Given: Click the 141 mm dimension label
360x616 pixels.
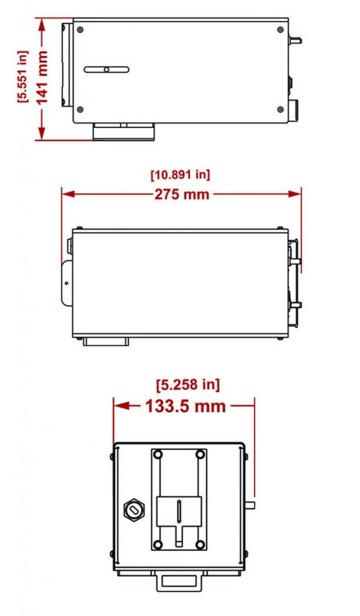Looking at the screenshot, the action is (x=42, y=78).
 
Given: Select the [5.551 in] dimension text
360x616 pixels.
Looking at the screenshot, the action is (x=23, y=76).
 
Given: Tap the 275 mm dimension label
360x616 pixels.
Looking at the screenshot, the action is (x=182, y=194).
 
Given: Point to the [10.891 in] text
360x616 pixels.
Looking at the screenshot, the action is (x=181, y=174).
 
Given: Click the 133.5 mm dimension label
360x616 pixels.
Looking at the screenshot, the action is (x=185, y=406).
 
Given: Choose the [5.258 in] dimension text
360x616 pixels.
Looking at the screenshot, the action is (x=188, y=384).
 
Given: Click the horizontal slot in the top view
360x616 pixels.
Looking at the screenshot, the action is (x=107, y=70).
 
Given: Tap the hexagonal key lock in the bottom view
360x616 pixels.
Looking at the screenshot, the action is (x=134, y=510).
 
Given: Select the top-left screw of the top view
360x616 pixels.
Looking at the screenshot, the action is (x=80, y=29).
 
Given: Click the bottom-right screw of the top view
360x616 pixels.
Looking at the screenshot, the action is (x=280, y=109).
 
